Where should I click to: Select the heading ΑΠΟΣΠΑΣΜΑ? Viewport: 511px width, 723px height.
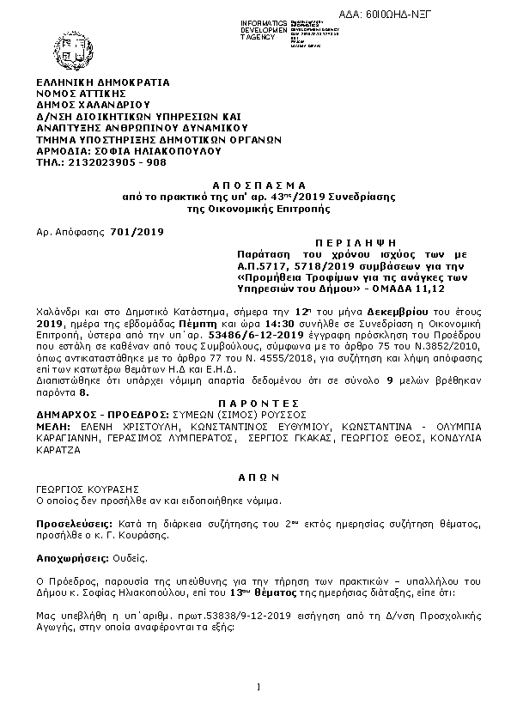click(259, 185)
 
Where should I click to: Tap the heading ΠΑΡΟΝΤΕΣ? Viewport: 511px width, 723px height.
click(259, 402)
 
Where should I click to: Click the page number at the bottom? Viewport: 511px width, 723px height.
click(259, 685)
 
